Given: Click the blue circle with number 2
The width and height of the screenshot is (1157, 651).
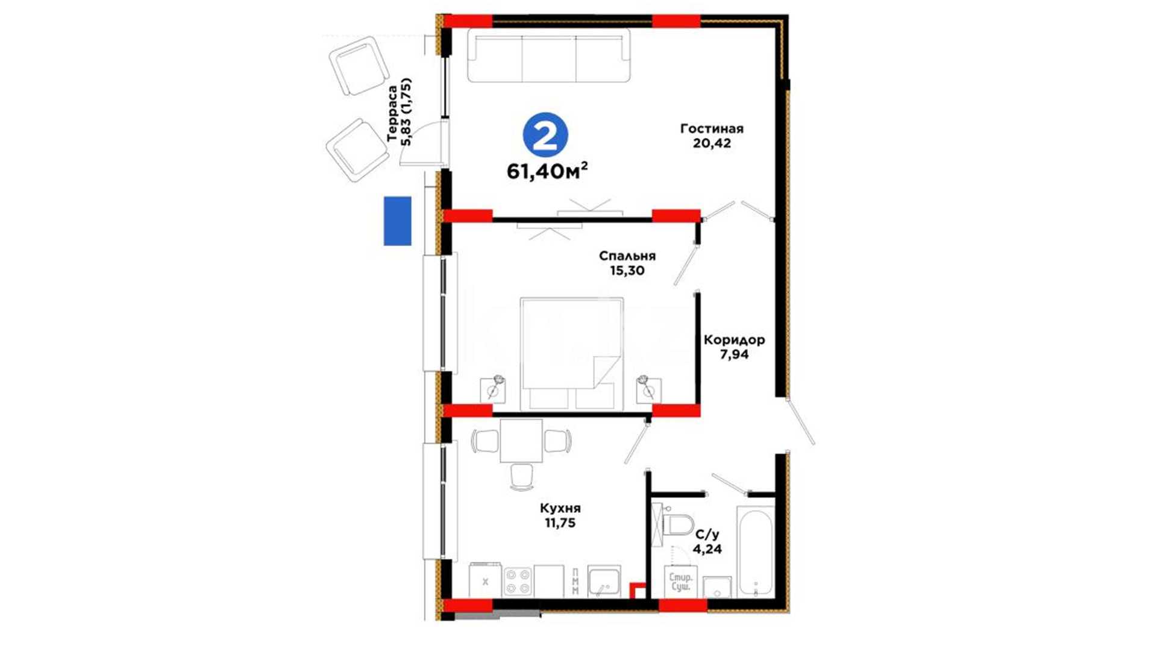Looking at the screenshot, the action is coord(545,136).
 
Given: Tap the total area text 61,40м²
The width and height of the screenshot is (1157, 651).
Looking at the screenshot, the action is coord(547,171).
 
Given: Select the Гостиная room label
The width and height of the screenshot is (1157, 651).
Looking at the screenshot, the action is coord(712,128).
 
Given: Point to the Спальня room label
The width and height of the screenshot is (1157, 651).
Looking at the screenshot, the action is coord(627,256).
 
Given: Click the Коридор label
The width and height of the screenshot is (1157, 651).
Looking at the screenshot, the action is coord(734,339).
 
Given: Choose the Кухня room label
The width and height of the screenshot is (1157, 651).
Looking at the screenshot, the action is coord(560,508).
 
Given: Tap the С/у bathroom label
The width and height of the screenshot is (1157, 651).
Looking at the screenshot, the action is coord(707,534).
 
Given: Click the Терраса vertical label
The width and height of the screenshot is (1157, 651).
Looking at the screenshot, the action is coord(392,113).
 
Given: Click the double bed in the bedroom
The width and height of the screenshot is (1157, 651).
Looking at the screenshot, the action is coord(571,353).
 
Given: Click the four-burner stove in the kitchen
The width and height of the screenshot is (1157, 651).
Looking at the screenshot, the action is coord(518,581).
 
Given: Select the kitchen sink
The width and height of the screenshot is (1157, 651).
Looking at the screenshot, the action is coord(604,581).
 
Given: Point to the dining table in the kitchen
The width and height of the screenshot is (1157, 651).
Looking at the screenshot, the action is coord(521,441).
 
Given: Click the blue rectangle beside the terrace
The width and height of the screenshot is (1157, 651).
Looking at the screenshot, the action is coord(398,221).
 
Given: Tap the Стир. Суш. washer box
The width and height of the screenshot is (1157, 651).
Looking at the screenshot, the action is coord(681,582).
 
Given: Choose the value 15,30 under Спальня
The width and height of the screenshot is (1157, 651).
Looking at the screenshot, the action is coord(627,271).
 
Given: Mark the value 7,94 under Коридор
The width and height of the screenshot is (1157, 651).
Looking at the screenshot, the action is coord(735,354).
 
